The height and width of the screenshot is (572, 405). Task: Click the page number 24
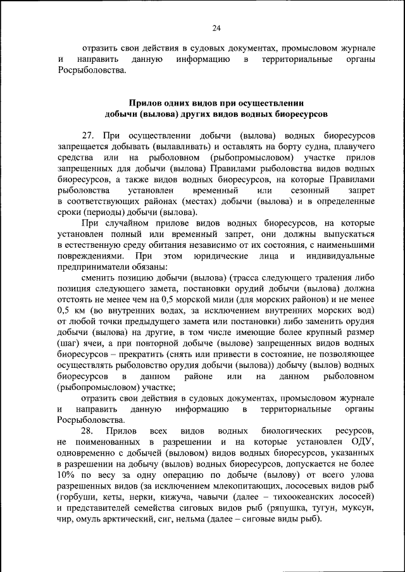(216, 28)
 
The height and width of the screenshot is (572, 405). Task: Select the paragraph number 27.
(87, 136)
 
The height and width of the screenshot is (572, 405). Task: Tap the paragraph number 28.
(88, 430)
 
